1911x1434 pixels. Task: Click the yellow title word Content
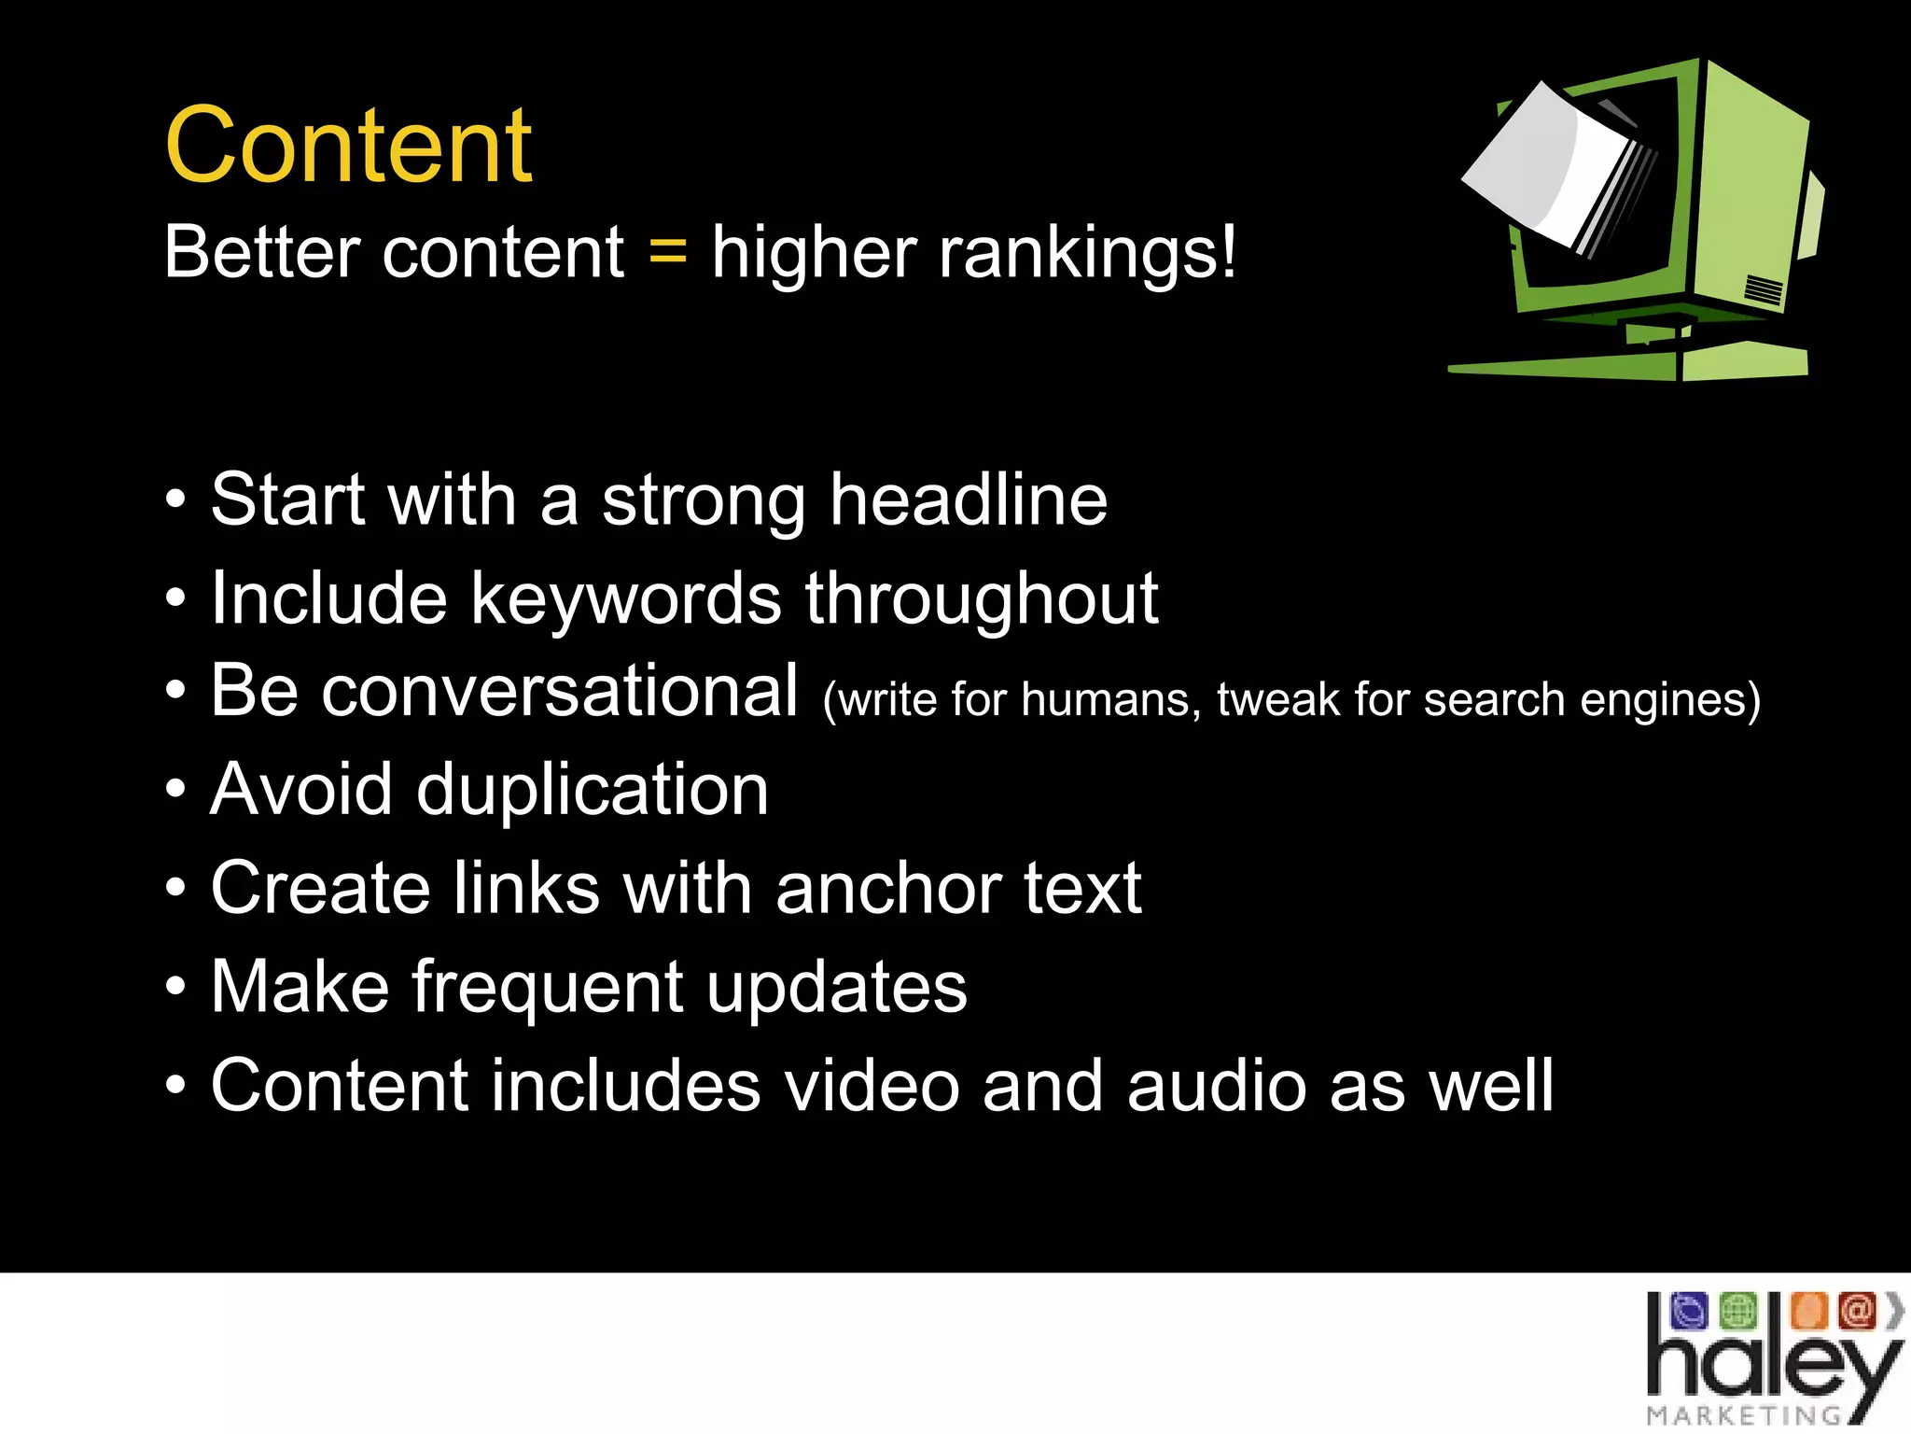(348, 147)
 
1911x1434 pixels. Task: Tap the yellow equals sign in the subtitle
(668, 250)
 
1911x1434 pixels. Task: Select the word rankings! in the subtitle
(1086, 252)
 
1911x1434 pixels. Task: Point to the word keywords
(626, 598)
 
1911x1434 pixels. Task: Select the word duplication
(592, 790)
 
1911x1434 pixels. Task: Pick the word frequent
(548, 987)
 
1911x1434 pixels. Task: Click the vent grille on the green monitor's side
(1763, 290)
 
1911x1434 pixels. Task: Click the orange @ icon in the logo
(1857, 1311)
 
